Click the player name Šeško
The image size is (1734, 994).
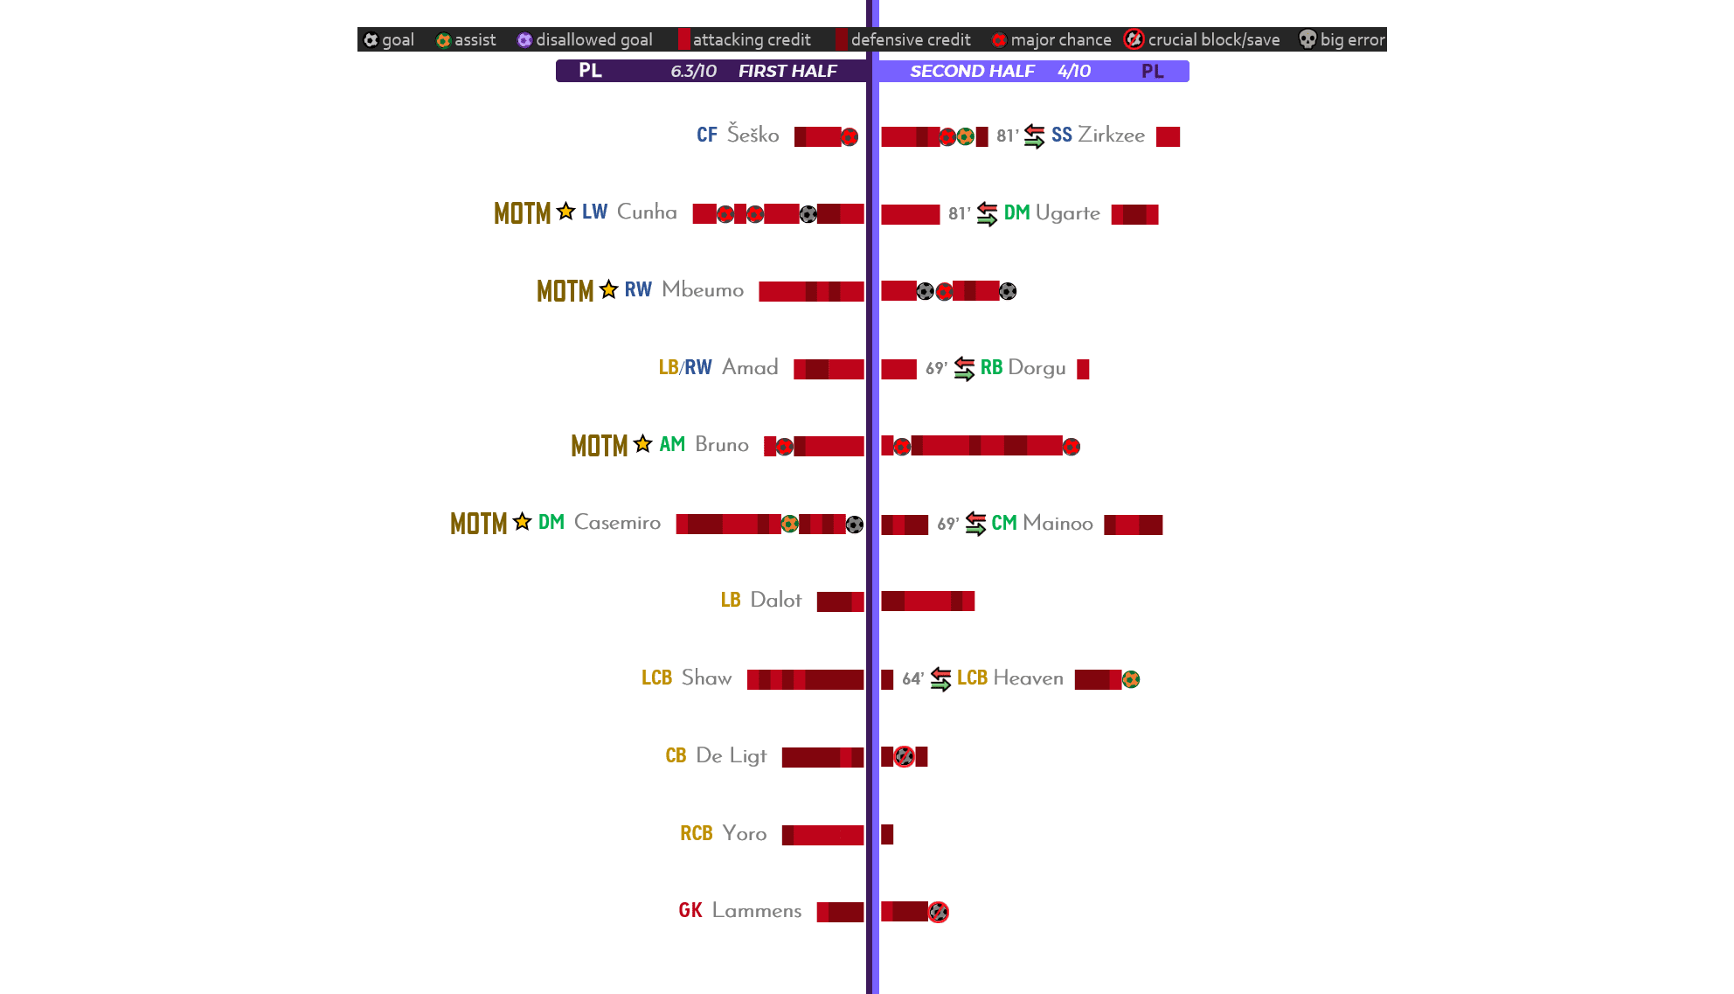[x=753, y=135]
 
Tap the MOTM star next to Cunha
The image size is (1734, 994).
[x=566, y=212]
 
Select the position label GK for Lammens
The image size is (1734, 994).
[x=690, y=910]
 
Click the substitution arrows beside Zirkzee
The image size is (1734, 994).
[x=1034, y=136]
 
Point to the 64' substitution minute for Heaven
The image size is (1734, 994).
[x=912, y=678]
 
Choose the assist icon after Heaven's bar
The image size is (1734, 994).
[x=1131, y=679]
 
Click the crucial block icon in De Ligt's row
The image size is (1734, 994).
[x=905, y=756]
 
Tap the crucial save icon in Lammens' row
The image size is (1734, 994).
[x=939, y=912]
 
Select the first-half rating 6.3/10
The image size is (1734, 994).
[x=694, y=71]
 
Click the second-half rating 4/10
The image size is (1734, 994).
[x=1074, y=71]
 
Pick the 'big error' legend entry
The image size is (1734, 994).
[x=1342, y=39]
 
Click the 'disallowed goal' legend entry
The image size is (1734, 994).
[x=585, y=39]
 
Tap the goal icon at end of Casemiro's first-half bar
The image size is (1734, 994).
[x=855, y=525]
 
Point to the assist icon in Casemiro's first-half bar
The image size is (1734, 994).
[x=789, y=524]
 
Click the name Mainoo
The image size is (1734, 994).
[x=1058, y=523]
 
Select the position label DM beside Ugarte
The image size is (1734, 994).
[x=1016, y=212]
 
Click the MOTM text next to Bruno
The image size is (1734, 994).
[x=600, y=446]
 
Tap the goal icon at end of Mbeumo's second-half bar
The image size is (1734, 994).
[x=1008, y=291]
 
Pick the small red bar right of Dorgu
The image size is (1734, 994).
[x=1083, y=369]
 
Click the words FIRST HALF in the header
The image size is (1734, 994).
[x=787, y=71]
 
